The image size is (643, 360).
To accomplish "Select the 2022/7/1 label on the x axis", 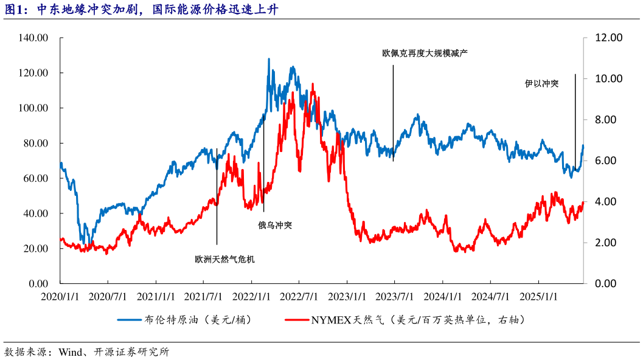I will (x=299, y=297).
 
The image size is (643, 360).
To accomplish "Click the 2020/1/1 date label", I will (x=60, y=297).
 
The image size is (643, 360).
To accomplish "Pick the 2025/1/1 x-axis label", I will (x=538, y=297).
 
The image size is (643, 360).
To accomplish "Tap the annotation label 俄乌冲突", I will (x=275, y=225).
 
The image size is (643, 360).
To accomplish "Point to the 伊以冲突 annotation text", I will (x=541, y=83).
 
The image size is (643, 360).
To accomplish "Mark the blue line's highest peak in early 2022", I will (x=268, y=60).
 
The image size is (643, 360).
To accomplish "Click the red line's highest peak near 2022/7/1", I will (x=313, y=85).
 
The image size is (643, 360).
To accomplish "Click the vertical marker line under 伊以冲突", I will (x=575, y=122).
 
